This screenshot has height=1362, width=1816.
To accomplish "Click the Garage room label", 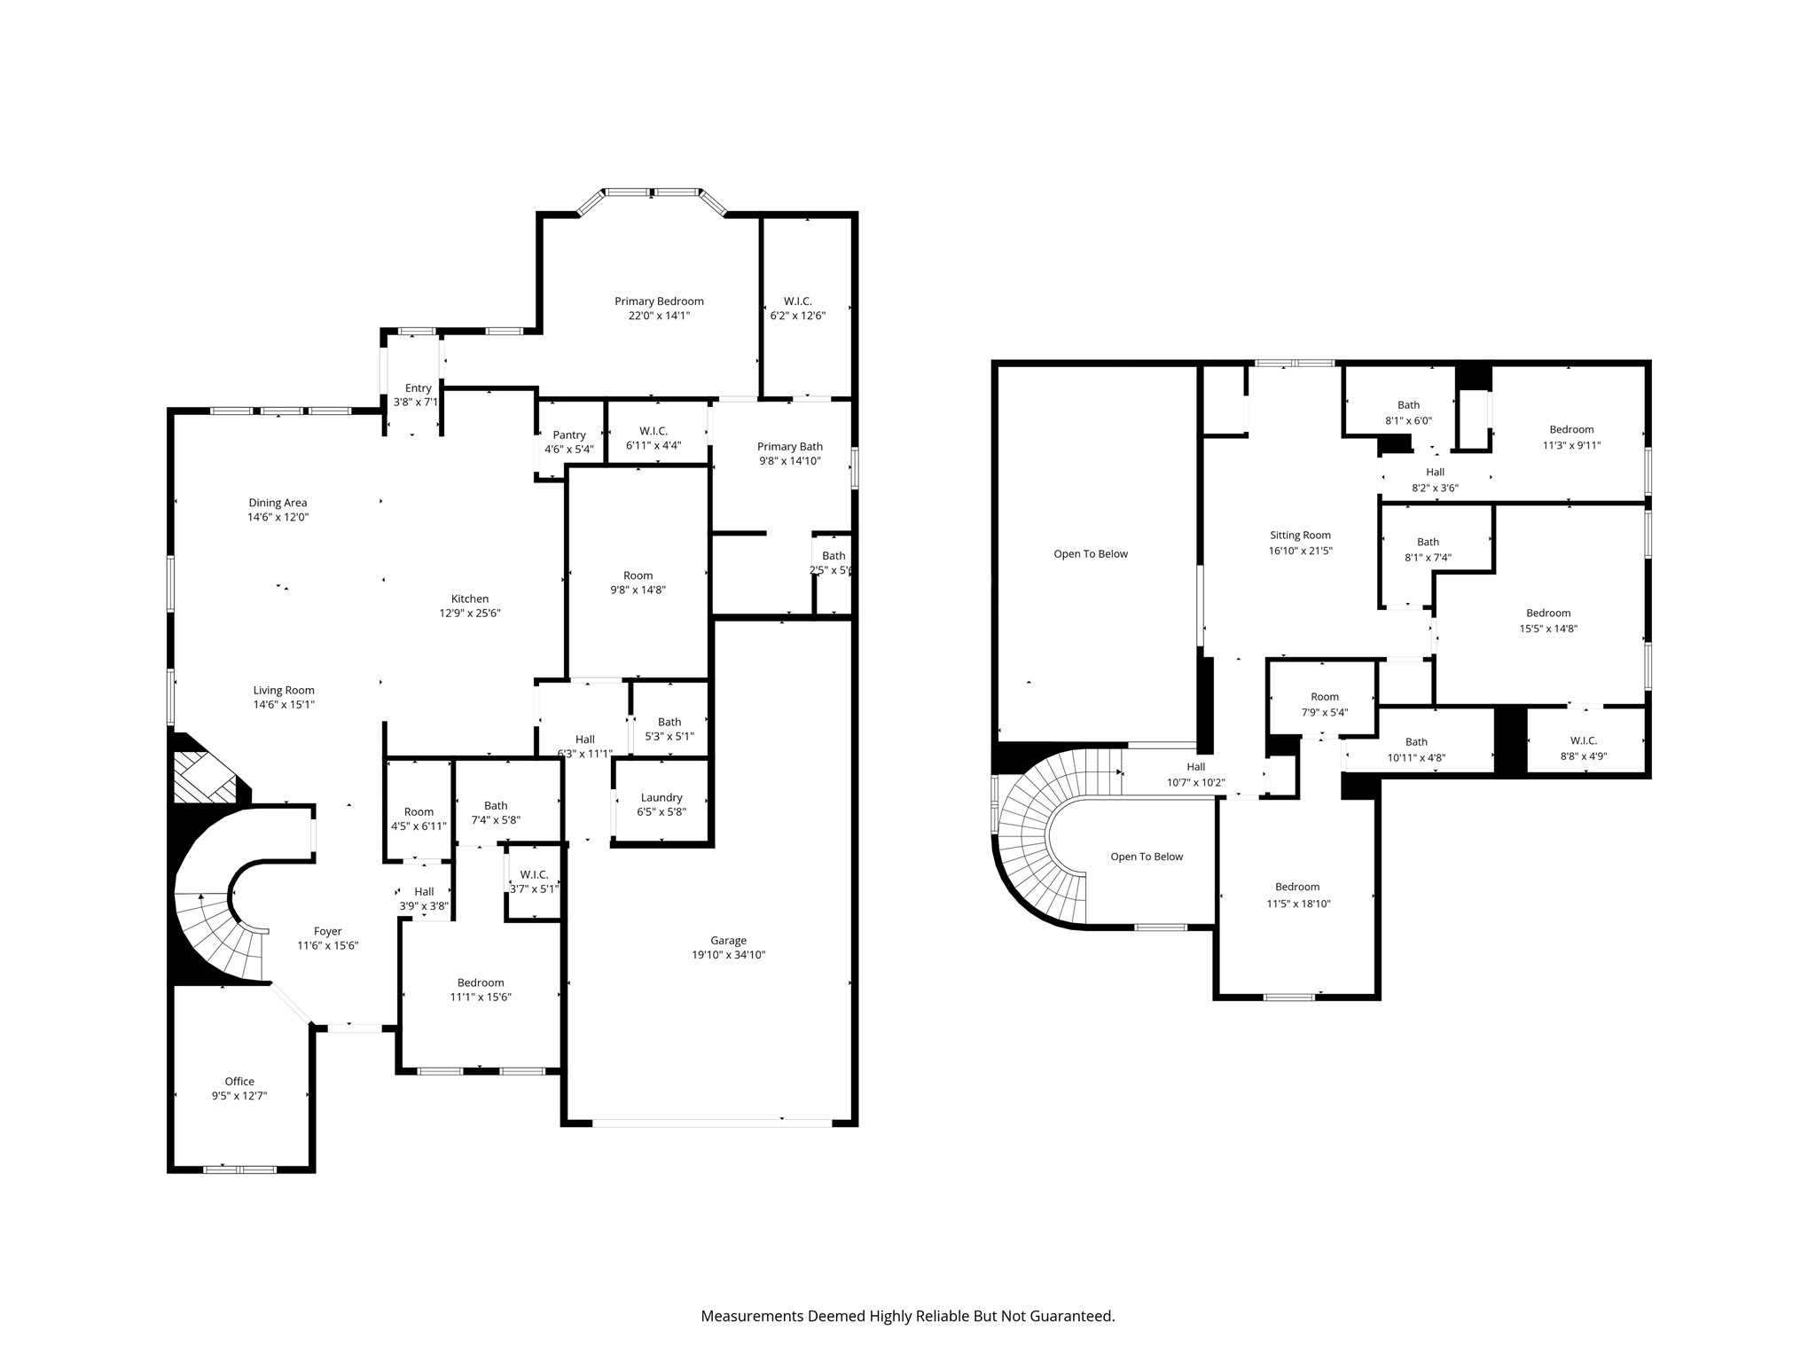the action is [x=728, y=940].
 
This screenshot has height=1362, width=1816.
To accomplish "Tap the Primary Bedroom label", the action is [x=659, y=301].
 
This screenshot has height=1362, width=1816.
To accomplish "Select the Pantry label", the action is [x=569, y=434].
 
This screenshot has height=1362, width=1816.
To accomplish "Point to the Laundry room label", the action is [x=661, y=797].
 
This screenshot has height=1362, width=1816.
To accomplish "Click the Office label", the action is [x=239, y=1081].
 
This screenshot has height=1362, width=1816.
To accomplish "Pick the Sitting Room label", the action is [x=1300, y=536].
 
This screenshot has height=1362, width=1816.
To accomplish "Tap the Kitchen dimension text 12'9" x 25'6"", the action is [x=470, y=613].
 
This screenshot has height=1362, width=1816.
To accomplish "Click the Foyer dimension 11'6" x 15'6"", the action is [x=327, y=945].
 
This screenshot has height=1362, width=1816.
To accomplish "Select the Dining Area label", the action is [x=278, y=503].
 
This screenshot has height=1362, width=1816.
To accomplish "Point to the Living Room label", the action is [x=284, y=691].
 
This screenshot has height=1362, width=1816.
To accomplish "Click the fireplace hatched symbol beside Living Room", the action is [x=205, y=778].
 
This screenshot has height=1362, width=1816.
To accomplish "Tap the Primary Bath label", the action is [x=790, y=447].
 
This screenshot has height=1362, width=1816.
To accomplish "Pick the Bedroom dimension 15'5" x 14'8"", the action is [x=1548, y=629].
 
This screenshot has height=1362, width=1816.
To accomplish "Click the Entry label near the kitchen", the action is [x=419, y=388].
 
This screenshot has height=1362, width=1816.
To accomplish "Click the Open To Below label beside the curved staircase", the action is [x=1147, y=857].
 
